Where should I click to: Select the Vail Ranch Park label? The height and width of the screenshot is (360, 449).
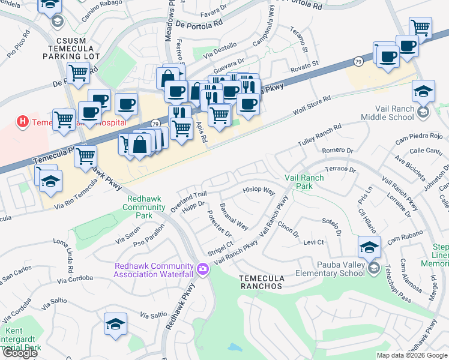[304, 182]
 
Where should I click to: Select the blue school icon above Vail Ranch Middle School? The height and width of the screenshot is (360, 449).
[423, 92]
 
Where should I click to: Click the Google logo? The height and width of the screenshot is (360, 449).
[20, 352]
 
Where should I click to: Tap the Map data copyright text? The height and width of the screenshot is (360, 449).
[411, 355]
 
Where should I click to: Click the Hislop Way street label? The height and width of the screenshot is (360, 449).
[258, 191]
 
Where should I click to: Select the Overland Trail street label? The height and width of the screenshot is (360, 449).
[188, 197]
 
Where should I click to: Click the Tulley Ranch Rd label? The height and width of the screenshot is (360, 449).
[319, 136]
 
